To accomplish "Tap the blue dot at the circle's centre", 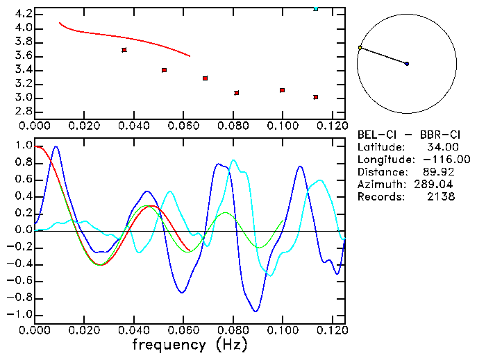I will tap(407, 64).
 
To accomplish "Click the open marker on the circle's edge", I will tap(360, 48).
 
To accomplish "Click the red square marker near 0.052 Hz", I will tap(164, 70).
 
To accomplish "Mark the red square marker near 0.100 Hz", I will tap(282, 90).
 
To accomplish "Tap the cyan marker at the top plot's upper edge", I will tap(316, 8).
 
